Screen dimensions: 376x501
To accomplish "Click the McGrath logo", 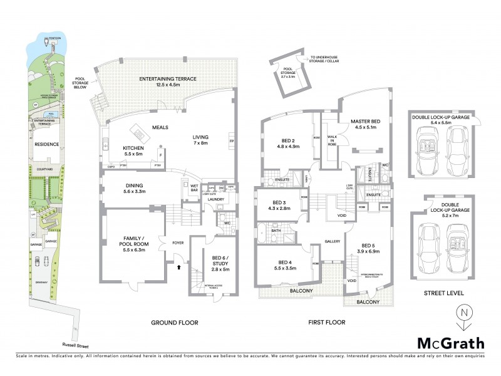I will (x=451, y=343).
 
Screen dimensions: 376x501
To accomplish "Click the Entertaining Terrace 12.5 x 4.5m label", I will (x=168, y=83).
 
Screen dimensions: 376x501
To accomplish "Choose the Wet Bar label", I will (x=194, y=187).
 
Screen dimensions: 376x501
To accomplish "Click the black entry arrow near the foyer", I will (x=180, y=267).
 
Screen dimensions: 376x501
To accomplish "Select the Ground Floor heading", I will (x=175, y=323).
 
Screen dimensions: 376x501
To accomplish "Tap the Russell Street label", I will (x=73, y=344).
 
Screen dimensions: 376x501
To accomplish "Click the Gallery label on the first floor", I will (x=332, y=241).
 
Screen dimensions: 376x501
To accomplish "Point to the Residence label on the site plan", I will (x=46, y=144).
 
